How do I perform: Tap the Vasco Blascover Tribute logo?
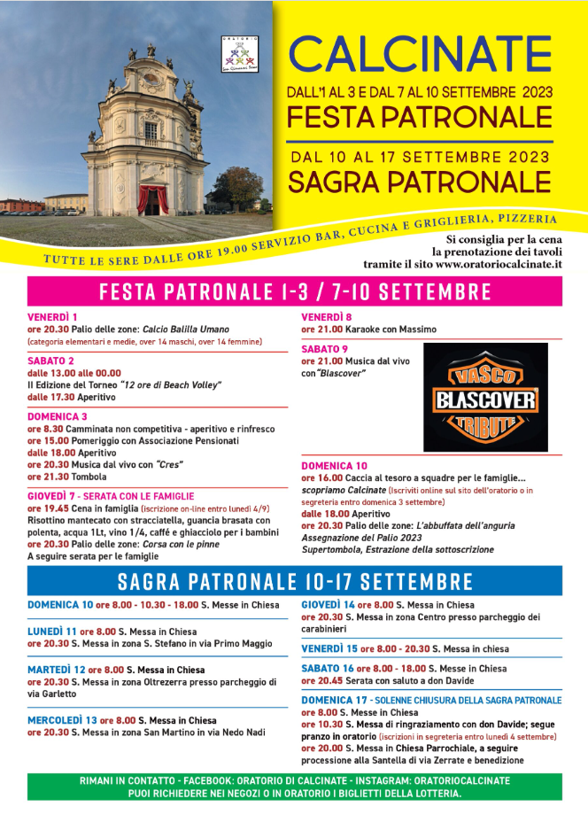(485, 398)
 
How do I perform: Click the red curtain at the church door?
(152, 198)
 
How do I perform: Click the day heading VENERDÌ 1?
(52, 317)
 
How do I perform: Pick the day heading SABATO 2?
(50, 361)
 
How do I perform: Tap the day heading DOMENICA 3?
(57, 415)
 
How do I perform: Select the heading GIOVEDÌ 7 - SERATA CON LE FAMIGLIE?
(111, 496)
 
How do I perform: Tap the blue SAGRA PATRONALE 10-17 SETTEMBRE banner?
(294, 582)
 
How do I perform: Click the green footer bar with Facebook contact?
(294, 787)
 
